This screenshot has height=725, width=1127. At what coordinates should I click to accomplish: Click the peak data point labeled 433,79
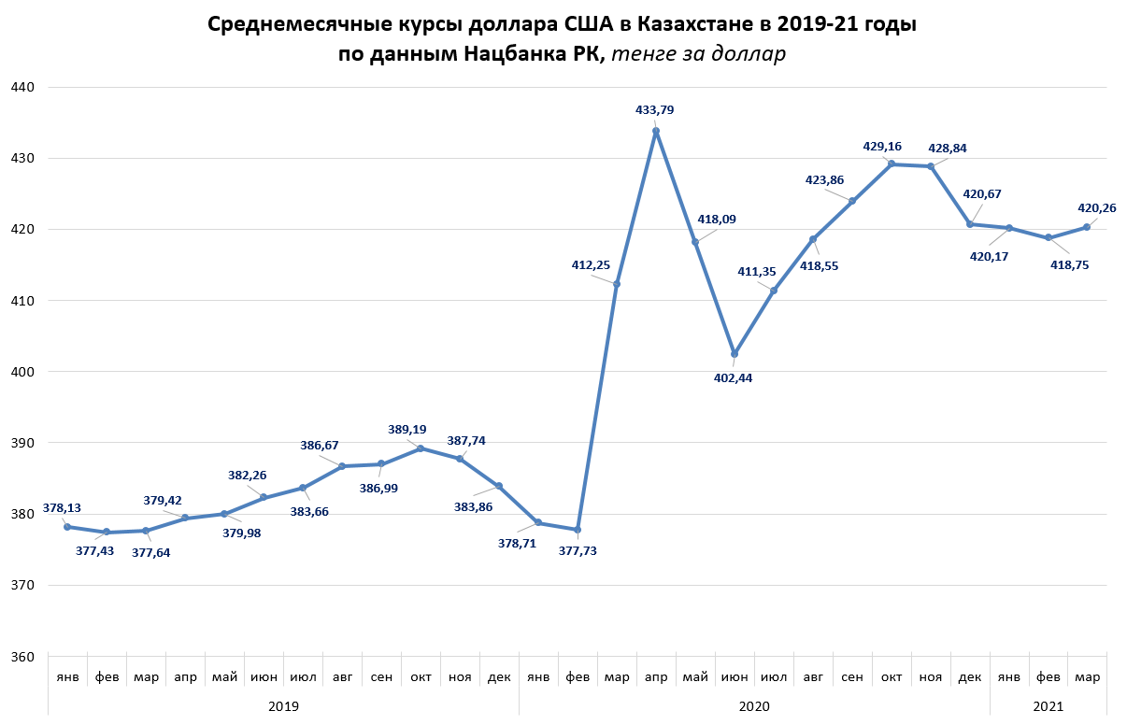coord(655,132)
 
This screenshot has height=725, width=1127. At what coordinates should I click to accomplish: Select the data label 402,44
coord(733,378)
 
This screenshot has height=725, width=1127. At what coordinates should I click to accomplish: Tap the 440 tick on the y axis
coord(22,87)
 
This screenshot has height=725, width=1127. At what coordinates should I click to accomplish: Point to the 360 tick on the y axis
coord(22,657)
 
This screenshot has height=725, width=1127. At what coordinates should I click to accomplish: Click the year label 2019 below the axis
coord(283,706)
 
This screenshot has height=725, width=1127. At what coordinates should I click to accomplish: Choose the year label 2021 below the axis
coord(1048,706)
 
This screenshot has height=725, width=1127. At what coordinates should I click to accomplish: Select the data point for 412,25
coord(616,284)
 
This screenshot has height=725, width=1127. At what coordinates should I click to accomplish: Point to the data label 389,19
coord(407,430)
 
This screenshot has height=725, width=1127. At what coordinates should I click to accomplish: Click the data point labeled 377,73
coord(578,530)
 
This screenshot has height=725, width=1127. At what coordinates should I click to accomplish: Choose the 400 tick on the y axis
coord(22,372)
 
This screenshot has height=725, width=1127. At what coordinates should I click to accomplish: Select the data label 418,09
coord(714,220)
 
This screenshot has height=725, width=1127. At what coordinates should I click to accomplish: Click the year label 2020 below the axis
coord(754,706)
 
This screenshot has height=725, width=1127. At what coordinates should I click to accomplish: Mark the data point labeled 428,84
coord(931,166)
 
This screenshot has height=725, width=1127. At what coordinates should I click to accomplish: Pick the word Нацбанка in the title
coord(505,54)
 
